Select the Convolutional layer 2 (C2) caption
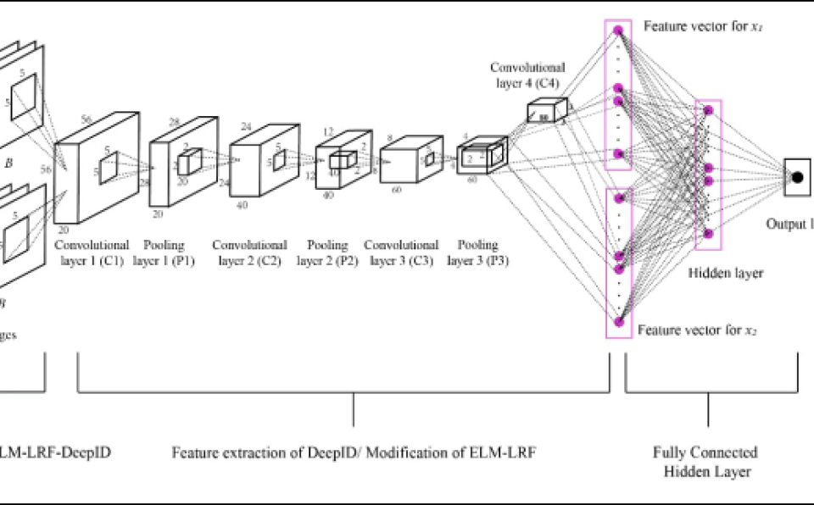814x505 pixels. [249, 252]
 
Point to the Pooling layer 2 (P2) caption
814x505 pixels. [327, 252]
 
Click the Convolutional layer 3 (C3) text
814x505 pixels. [401, 252]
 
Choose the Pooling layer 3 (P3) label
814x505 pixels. [477, 252]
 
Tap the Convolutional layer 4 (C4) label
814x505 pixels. [527, 75]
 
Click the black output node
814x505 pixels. [797, 177]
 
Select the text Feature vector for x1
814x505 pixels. [703, 27]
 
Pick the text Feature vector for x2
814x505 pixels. [697, 329]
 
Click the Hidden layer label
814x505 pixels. [725, 273]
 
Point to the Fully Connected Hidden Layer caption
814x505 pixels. [705, 462]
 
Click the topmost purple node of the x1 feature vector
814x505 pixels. [618, 31]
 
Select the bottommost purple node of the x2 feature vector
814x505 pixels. [618, 321]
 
